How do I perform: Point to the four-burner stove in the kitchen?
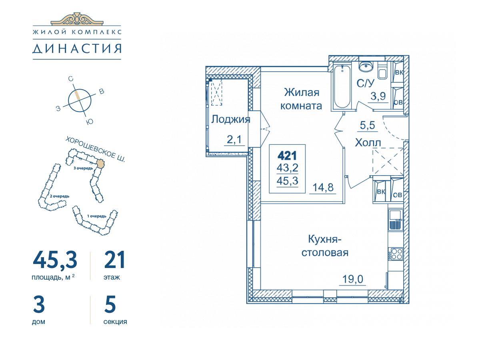(x=396, y=254)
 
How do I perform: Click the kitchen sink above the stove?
(x=396, y=220)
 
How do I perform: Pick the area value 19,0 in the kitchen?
(x=352, y=279)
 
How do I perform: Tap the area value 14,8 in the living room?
(x=323, y=188)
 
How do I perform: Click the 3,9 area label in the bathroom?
(x=378, y=96)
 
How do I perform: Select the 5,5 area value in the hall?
(x=367, y=126)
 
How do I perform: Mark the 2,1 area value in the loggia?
(x=234, y=140)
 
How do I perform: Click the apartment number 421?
(x=287, y=156)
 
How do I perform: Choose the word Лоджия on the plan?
(x=230, y=120)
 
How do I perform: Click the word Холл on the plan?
(x=368, y=143)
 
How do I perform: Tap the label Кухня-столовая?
(x=325, y=246)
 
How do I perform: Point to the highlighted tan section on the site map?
(x=100, y=164)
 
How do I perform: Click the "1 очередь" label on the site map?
(x=97, y=216)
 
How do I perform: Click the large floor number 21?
(x=114, y=260)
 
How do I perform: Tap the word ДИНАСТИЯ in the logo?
(x=77, y=49)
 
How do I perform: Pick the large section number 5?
(x=110, y=304)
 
